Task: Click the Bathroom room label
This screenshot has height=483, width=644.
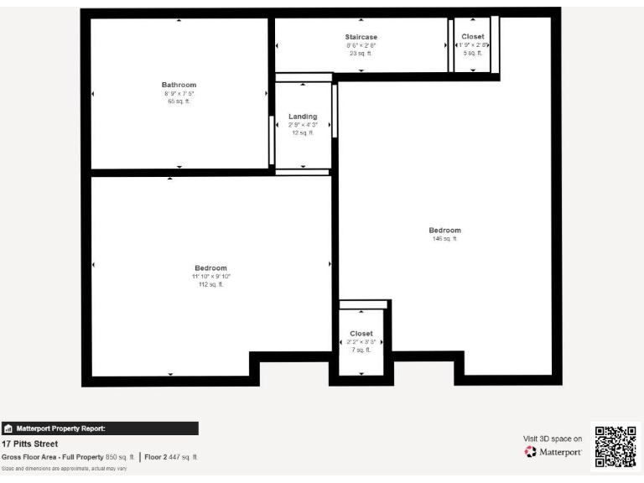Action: point(179,85)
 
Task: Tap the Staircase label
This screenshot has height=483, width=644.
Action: point(361,37)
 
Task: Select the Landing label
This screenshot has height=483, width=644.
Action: point(303,117)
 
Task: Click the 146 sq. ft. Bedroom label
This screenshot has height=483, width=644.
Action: point(444,231)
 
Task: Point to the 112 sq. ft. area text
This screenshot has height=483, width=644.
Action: point(210,284)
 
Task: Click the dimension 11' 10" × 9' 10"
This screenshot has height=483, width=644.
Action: point(210,277)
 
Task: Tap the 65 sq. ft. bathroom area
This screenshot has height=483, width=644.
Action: point(179,101)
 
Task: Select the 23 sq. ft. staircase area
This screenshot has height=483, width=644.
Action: point(361,53)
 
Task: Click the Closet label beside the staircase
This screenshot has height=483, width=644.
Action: point(473,37)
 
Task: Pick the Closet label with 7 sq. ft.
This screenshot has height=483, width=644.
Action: point(361,334)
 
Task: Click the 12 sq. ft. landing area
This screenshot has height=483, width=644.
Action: point(303,132)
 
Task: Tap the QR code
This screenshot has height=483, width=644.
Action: point(615,446)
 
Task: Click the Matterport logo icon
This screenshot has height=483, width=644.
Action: point(530,453)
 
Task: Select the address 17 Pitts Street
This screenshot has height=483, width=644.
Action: point(30,444)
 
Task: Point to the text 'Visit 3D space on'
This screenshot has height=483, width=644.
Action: point(552,438)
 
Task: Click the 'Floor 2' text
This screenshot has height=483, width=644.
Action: point(155,457)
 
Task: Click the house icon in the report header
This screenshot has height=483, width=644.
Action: point(8,428)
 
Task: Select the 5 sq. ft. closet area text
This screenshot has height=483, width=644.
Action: point(473,53)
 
